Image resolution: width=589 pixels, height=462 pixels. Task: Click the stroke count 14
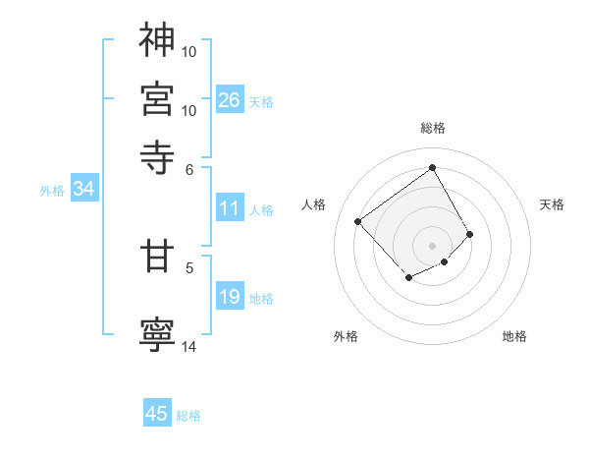click(x=189, y=346)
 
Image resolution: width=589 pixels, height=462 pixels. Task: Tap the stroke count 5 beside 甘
click(x=189, y=266)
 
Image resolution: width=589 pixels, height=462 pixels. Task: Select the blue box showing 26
click(x=229, y=100)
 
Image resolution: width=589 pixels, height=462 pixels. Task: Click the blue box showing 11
click(x=229, y=208)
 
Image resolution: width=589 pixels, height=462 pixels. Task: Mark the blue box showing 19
click(x=229, y=297)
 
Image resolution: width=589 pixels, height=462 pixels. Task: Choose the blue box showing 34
click(x=83, y=189)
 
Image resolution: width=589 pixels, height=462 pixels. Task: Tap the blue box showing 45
click(x=157, y=414)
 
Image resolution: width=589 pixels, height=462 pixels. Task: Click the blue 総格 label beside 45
click(x=188, y=416)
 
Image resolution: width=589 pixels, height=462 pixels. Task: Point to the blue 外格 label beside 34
click(x=52, y=191)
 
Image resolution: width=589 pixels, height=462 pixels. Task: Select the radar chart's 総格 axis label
click(x=432, y=128)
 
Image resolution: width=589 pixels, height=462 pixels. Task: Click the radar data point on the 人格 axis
click(x=358, y=222)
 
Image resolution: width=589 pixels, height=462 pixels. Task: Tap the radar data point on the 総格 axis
click(x=432, y=166)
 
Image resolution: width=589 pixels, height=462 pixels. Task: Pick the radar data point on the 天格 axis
click(x=470, y=234)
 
